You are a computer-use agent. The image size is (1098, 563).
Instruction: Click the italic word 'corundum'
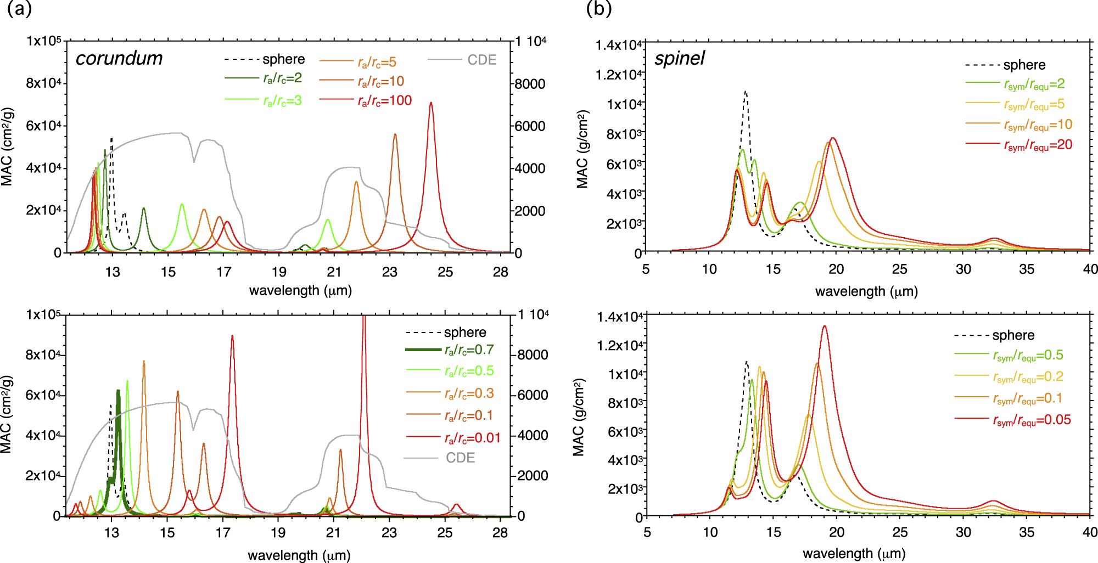click(x=119, y=58)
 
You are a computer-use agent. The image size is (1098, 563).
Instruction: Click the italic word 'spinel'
click(x=679, y=58)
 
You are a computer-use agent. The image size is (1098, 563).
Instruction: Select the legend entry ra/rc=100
click(x=384, y=100)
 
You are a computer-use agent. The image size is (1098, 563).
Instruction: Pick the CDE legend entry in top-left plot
click(x=481, y=60)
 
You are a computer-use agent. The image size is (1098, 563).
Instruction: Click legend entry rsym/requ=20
click(x=1038, y=145)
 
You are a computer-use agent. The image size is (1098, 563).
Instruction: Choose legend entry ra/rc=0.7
click(x=469, y=350)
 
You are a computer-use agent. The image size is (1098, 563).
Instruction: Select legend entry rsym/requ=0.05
click(x=1032, y=420)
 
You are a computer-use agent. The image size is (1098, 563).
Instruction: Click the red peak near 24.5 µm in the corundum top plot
click(x=431, y=103)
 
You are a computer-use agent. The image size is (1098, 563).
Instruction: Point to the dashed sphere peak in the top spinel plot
click(x=745, y=92)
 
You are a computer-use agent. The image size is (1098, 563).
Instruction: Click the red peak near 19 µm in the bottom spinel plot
click(x=824, y=326)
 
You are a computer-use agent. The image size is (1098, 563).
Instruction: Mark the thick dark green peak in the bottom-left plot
click(x=118, y=391)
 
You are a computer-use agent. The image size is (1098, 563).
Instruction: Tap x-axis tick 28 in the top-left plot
click(x=500, y=272)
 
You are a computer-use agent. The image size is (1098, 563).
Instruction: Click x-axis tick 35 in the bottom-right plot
click(x=1027, y=532)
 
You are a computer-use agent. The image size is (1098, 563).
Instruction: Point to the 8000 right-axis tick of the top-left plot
click(x=530, y=84)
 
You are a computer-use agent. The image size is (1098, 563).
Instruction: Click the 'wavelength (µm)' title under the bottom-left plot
click(x=299, y=555)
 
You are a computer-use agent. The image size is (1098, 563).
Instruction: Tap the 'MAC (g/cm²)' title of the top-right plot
click(x=582, y=149)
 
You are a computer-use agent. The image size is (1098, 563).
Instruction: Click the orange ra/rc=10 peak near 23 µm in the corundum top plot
click(x=395, y=134)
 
